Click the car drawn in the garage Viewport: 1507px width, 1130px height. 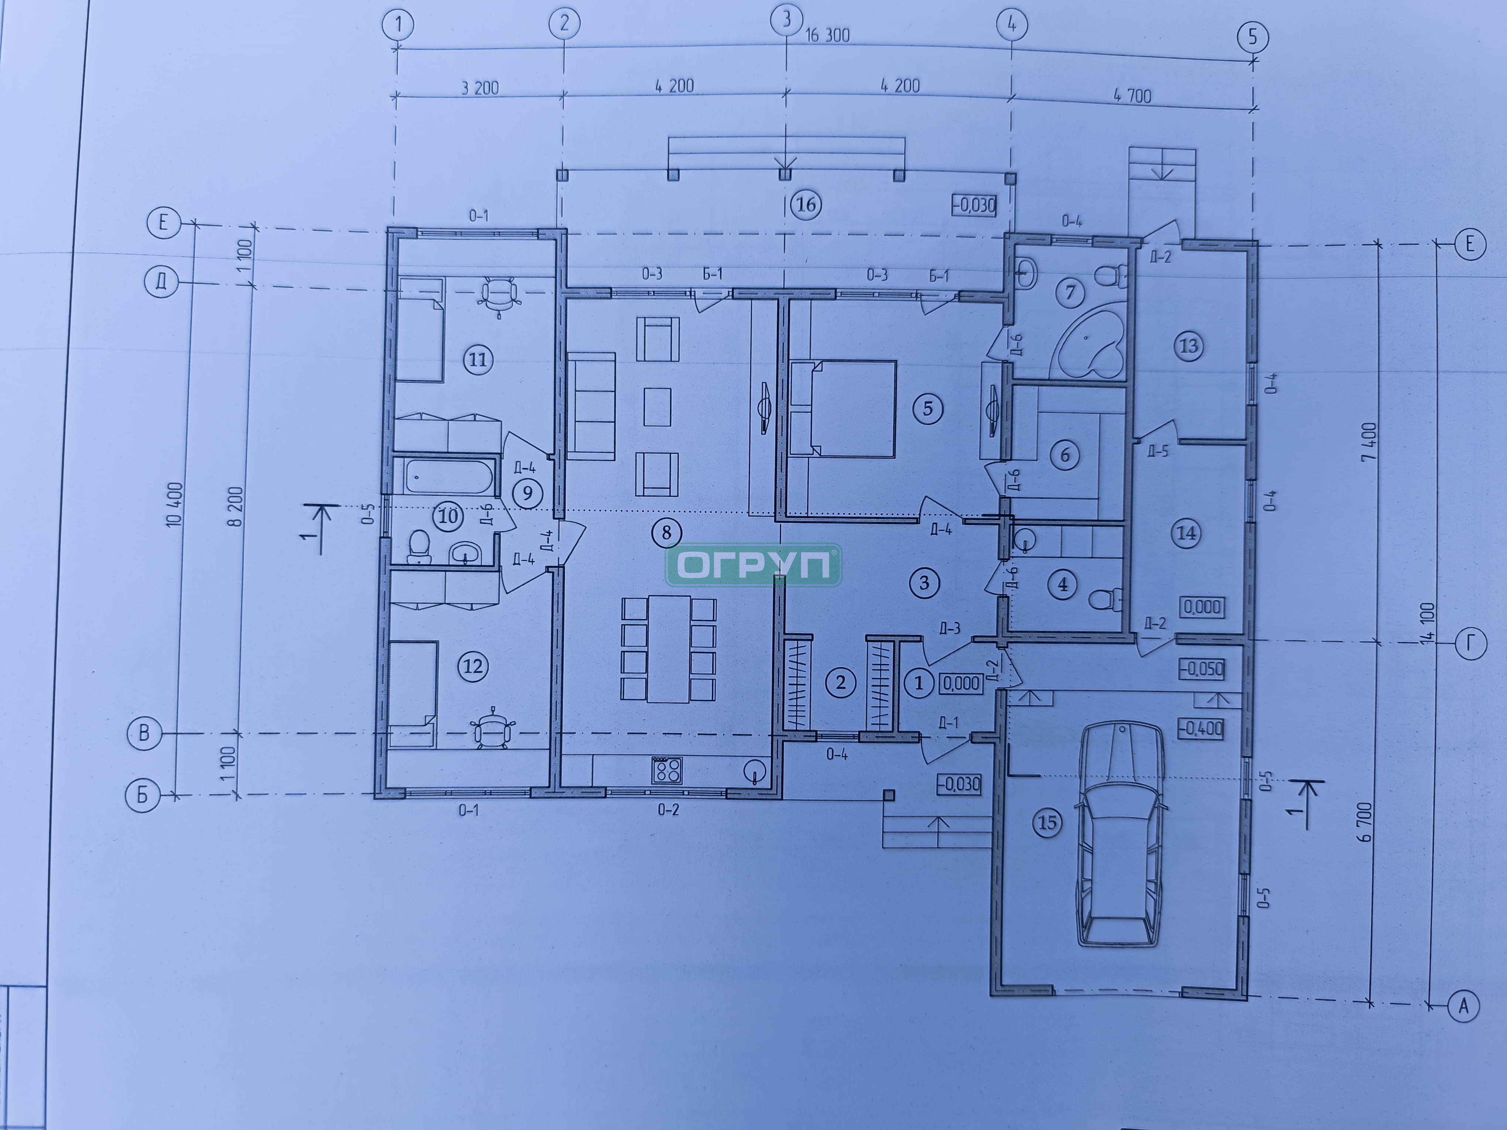click(x=1119, y=834)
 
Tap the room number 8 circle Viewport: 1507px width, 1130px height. click(x=666, y=532)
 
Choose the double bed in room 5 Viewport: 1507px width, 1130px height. click(x=842, y=409)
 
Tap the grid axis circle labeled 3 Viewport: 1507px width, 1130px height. click(x=787, y=20)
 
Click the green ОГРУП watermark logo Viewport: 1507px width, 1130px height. click(x=753, y=565)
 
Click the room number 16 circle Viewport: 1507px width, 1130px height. click(x=806, y=204)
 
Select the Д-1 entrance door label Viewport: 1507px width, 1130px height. click(x=948, y=723)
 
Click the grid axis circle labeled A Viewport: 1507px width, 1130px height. click(x=1463, y=1005)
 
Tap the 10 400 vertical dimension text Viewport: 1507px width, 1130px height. click(x=174, y=504)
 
